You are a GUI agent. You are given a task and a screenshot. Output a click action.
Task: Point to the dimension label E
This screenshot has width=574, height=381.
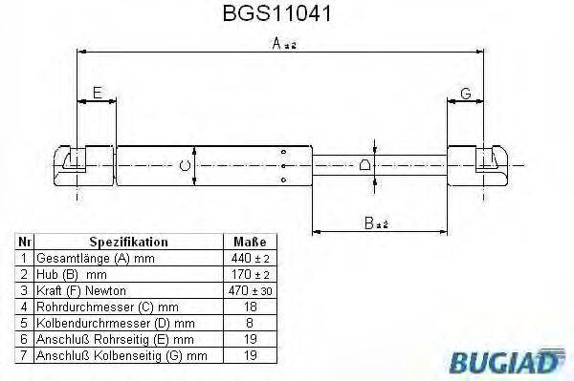(x=97, y=93)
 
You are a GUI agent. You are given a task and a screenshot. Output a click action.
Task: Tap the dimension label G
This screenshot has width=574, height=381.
(x=465, y=93)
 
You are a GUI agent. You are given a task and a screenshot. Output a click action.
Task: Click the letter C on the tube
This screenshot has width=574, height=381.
(x=186, y=167)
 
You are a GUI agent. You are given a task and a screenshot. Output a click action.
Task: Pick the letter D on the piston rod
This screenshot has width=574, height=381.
(x=365, y=166)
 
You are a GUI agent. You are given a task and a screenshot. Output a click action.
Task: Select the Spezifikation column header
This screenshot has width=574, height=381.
(x=128, y=243)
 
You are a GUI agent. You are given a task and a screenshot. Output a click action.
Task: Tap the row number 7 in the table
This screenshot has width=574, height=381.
(x=24, y=355)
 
